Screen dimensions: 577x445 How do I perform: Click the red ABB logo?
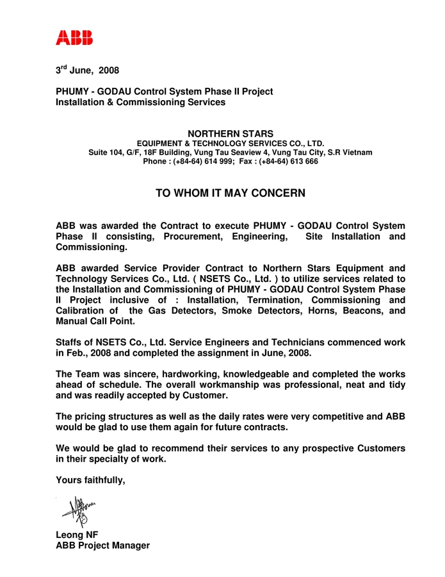click(74, 37)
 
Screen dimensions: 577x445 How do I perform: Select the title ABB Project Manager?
click(102, 546)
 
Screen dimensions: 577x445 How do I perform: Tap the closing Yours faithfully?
click(90, 479)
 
